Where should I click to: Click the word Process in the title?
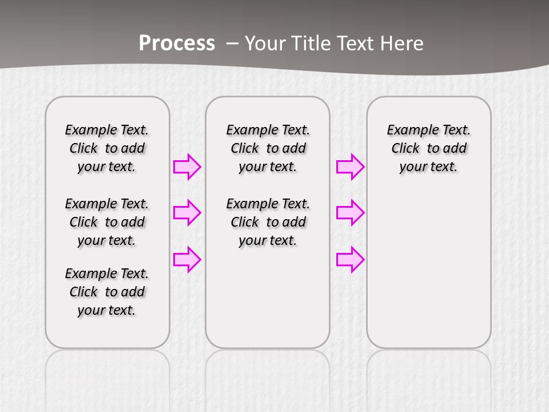pyautogui.click(x=177, y=43)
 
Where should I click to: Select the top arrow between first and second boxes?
pyautogui.click(x=186, y=167)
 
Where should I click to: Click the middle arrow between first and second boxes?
pyautogui.click(x=186, y=213)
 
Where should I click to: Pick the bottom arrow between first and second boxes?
pyautogui.click(x=186, y=259)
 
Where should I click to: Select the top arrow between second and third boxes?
pyautogui.click(x=350, y=167)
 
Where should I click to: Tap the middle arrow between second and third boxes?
pyautogui.click(x=350, y=213)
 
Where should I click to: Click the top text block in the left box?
pyautogui.click(x=107, y=148)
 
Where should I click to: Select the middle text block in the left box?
pyautogui.click(x=107, y=222)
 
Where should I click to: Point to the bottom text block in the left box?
pyautogui.click(x=107, y=292)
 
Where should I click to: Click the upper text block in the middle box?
pyautogui.click(x=268, y=148)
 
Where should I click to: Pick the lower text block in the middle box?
pyautogui.click(x=268, y=222)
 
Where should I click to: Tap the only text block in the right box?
pyautogui.click(x=428, y=148)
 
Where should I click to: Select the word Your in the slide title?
pyautogui.click(x=265, y=43)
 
